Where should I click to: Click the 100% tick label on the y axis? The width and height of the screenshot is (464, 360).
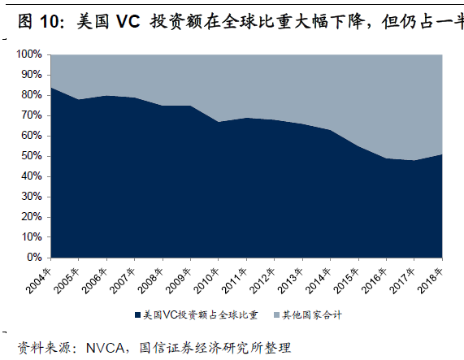click(29, 54)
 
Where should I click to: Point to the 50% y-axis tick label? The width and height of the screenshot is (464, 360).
click(32, 156)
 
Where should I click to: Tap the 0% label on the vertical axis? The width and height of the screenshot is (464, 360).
click(34, 258)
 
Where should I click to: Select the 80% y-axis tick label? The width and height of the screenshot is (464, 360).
click(32, 95)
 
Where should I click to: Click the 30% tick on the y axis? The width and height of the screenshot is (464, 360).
click(32, 197)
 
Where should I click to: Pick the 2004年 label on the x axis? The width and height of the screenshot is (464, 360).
click(38, 281)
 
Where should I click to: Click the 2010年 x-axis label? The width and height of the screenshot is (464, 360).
click(206, 281)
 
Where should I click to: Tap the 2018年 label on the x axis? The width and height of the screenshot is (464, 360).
click(430, 281)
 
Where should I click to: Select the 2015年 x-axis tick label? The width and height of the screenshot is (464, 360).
click(346, 281)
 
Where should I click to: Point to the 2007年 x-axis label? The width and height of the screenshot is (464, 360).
click(122, 281)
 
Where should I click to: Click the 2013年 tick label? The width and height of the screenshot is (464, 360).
click(290, 281)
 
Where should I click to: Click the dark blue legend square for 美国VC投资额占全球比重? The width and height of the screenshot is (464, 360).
click(137, 315)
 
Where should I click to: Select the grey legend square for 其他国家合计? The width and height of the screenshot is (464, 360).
click(276, 315)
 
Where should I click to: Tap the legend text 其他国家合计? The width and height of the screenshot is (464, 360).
click(312, 315)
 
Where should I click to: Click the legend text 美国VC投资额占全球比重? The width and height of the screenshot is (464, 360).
click(201, 315)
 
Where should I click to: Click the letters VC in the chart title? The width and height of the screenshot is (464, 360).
click(128, 22)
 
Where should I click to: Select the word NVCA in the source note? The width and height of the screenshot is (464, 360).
click(106, 348)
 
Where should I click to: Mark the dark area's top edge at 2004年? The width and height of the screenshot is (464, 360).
click(51, 87)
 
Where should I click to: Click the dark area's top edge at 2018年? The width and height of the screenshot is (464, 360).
click(442, 154)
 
